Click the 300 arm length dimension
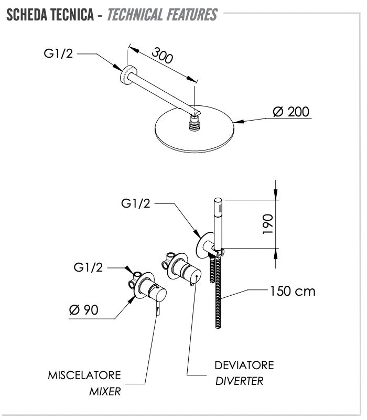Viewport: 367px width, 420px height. [163, 56]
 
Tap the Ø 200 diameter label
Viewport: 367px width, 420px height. [291, 112]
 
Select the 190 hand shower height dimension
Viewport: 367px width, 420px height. [267, 224]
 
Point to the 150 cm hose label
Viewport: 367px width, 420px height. [293, 291]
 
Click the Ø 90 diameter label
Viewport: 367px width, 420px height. [83, 310]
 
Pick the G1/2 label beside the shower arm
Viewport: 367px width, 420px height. [58, 53]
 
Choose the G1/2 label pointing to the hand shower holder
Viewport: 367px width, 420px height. [136, 203]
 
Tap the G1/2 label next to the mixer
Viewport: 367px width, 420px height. [88, 267]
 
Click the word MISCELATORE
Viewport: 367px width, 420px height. [84, 375]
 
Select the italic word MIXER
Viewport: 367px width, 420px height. [105, 392]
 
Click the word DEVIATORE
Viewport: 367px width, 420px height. [244, 365]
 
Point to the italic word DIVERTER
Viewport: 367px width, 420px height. [240, 381]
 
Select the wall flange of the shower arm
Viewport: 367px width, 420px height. [128, 75]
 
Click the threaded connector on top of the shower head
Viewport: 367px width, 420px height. [195, 123]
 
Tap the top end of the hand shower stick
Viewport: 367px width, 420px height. [218, 200]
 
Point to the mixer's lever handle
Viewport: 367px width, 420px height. [158, 308]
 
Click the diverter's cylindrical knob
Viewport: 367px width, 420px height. [191, 274]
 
